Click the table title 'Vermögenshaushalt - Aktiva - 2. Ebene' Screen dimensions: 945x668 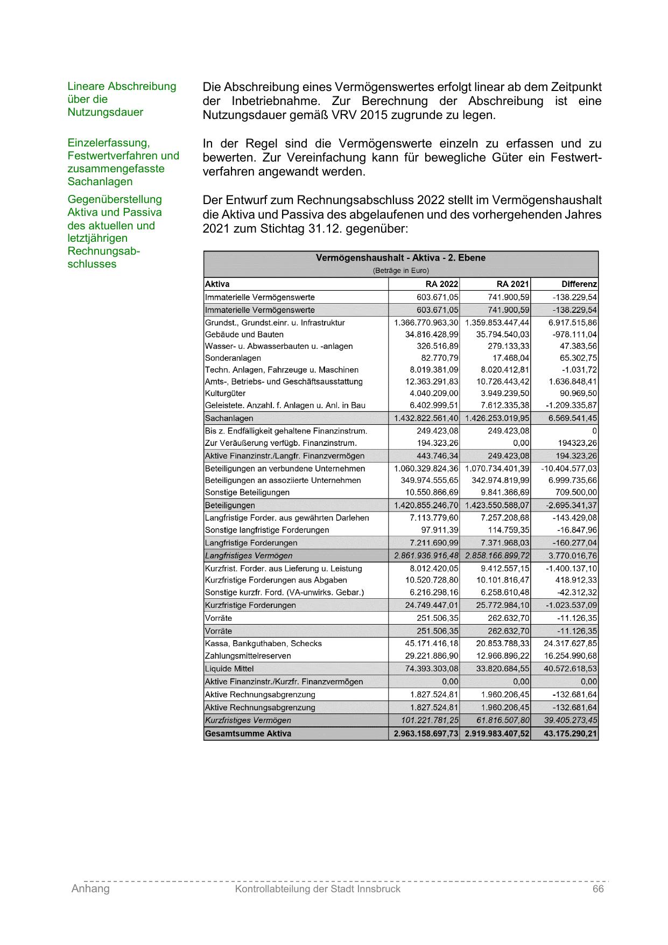pos(400,258)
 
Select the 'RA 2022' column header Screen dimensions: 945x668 pos(441,284)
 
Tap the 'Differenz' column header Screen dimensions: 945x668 pos(579,284)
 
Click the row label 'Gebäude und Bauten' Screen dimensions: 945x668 pos(244,334)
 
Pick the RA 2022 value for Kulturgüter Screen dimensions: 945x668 pos(434,394)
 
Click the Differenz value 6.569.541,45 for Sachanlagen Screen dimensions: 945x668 pos(573,418)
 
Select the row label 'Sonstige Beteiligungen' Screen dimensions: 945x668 pos(247,493)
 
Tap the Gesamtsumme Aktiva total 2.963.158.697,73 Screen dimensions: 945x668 pos(426,733)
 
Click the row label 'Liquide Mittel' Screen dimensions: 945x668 pos(229,669)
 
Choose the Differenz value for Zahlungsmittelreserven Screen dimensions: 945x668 pos(570,656)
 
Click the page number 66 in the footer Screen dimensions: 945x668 pos(598,889)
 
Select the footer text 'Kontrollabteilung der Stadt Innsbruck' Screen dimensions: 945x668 pos(318,889)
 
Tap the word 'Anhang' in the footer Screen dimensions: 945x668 pos(90,889)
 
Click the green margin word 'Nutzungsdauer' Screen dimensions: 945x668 pos(106,113)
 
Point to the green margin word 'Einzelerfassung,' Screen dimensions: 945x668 pos(109,143)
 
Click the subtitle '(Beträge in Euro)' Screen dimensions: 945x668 pos(400,271)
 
